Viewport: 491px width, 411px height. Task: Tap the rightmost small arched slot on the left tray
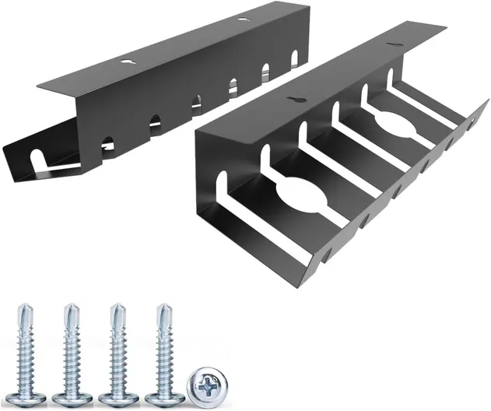coord(295,58)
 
